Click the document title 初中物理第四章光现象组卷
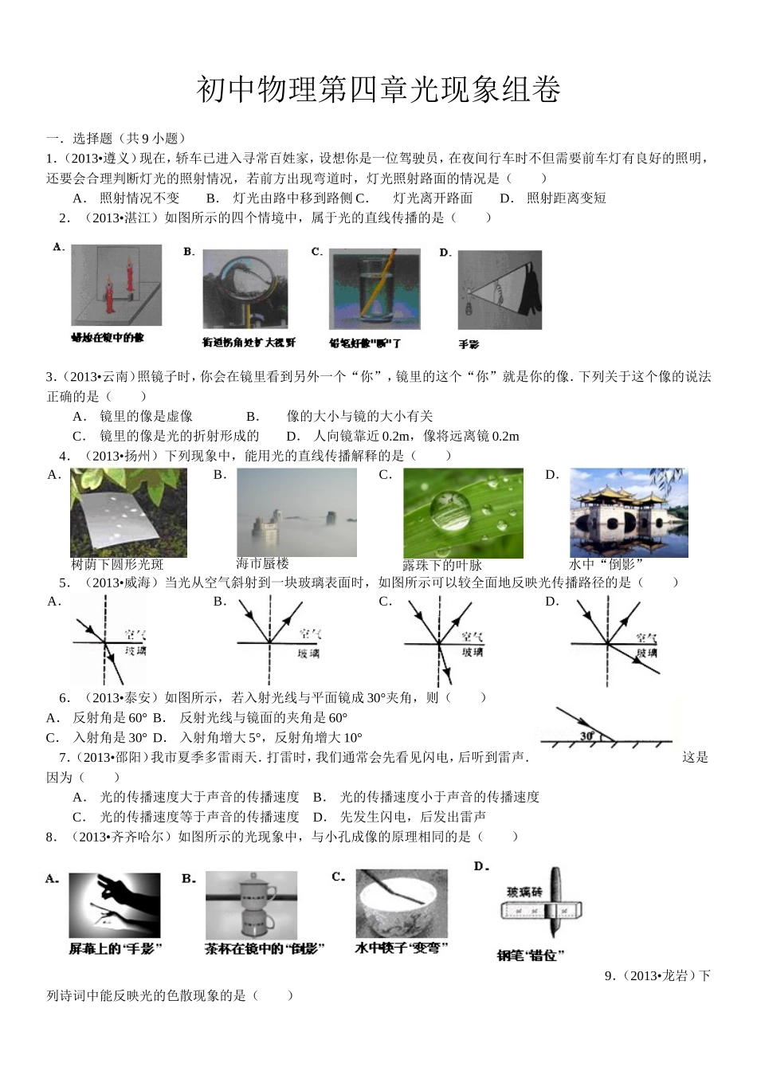pyautogui.click(x=378, y=90)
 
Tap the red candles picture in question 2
pyautogui.click(x=116, y=284)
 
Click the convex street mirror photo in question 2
pyautogui.click(x=245, y=288)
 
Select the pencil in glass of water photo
pyautogui.click(x=375, y=288)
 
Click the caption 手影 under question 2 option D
pyautogui.click(x=469, y=344)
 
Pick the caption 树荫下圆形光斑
pyautogui.click(x=117, y=564)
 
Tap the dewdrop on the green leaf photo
pyautogui.click(x=463, y=512)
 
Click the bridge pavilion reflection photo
pyautogui.click(x=629, y=512)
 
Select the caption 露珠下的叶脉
pyautogui.click(x=442, y=565)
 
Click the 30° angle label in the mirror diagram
pyautogui.click(x=587, y=736)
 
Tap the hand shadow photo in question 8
pyautogui.click(x=114, y=904)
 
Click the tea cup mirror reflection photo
pyautogui.click(x=251, y=904)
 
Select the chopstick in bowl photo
pyautogui.click(x=401, y=903)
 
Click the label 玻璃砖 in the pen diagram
pyautogui.click(x=525, y=892)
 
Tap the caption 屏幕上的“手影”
pyautogui.click(x=116, y=948)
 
